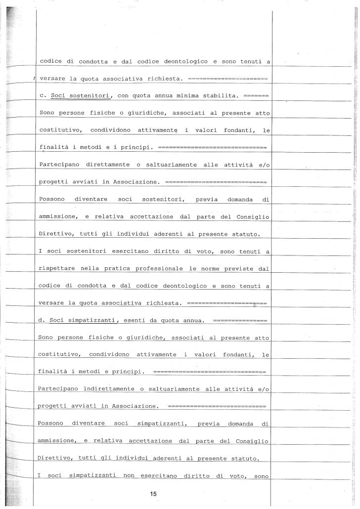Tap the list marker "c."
coord(42,94)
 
